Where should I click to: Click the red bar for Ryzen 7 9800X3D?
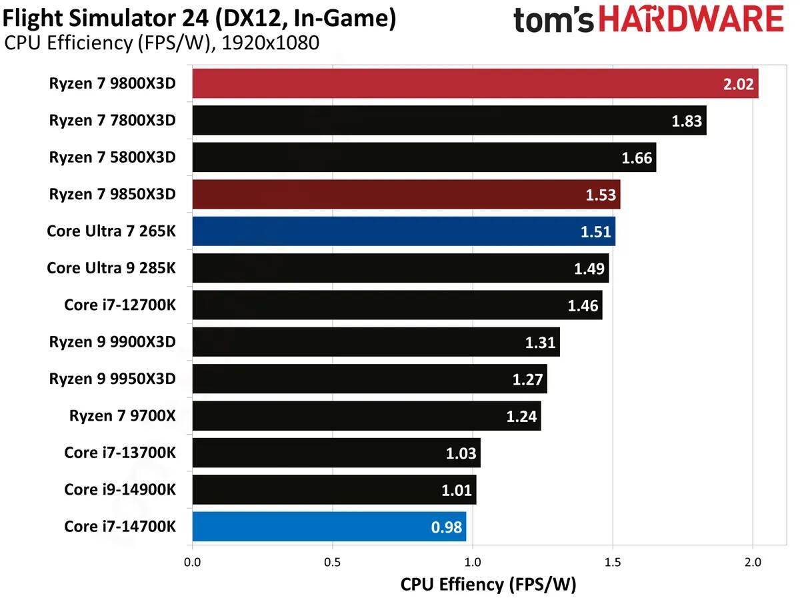[475, 83]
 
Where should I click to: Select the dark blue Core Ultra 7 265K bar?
[403, 231]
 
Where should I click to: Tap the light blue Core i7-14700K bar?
[329, 527]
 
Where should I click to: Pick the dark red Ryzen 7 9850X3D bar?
[406, 194]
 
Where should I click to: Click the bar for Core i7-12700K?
[397, 305]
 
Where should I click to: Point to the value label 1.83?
[687, 121]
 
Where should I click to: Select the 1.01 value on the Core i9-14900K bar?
[457, 491]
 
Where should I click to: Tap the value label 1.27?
[528, 380]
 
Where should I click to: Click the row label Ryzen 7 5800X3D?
[112, 157]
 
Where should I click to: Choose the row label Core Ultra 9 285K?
[111, 268]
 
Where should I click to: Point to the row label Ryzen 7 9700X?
[122, 416]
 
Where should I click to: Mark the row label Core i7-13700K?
[120, 453]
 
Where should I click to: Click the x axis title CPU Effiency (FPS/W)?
[488, 585]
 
